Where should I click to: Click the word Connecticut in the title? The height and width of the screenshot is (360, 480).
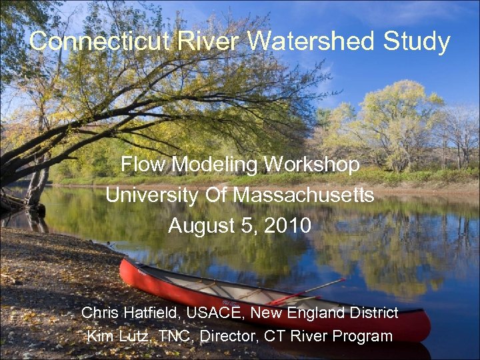click(101, 42)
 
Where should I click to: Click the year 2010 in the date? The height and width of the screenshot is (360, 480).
click(287, 226)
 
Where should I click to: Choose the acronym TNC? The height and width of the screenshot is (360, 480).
click(176, 336)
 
